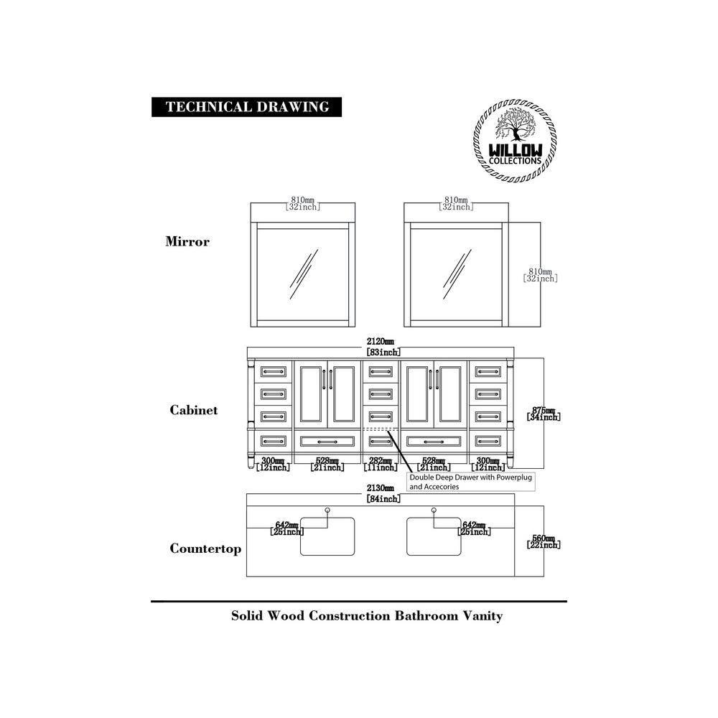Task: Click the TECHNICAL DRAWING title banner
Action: coord(246,107)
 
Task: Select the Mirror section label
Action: coord(187,241)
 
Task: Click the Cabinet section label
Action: coord(193,410)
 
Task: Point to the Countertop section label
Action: coord(205,549)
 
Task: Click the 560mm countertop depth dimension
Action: coord(544,541)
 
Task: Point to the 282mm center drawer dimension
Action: coord(381,464)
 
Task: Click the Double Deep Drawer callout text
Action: coord(472,481)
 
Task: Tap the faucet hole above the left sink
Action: coord(328,510)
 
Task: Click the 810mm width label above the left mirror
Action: coord(302,203)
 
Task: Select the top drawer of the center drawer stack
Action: coord(381,371)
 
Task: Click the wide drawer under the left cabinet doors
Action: coord(327,440)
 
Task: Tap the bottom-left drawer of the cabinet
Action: coord(274,440)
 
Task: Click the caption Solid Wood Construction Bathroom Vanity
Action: coord(366,616)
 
